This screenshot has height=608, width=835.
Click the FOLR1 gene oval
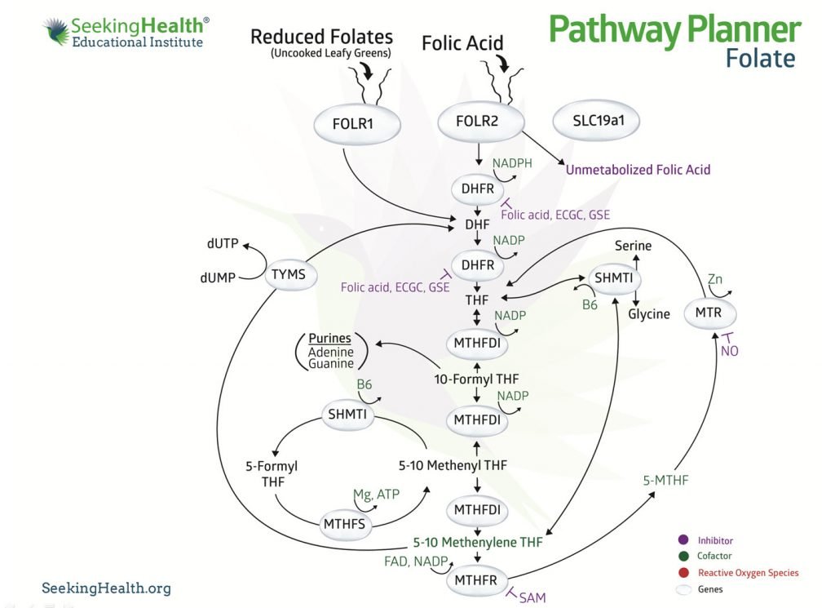click(358, 125)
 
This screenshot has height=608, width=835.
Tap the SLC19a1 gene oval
click(595, 122)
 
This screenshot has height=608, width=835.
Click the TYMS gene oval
click(290, 275)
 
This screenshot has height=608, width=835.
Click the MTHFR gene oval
click(475, 581)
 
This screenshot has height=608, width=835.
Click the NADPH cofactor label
click(512, 163)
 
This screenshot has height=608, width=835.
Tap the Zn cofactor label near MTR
click(714, 278)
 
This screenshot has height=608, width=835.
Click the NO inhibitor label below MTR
click(730, 352)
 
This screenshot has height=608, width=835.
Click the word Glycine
click(649, 314)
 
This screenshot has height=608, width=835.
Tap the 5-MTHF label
click(666, 480)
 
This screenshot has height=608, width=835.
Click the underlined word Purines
click(330, 338)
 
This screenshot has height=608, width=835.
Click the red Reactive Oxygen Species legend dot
click(683, 573)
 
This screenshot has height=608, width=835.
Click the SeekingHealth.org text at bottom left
click(106, 588)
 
